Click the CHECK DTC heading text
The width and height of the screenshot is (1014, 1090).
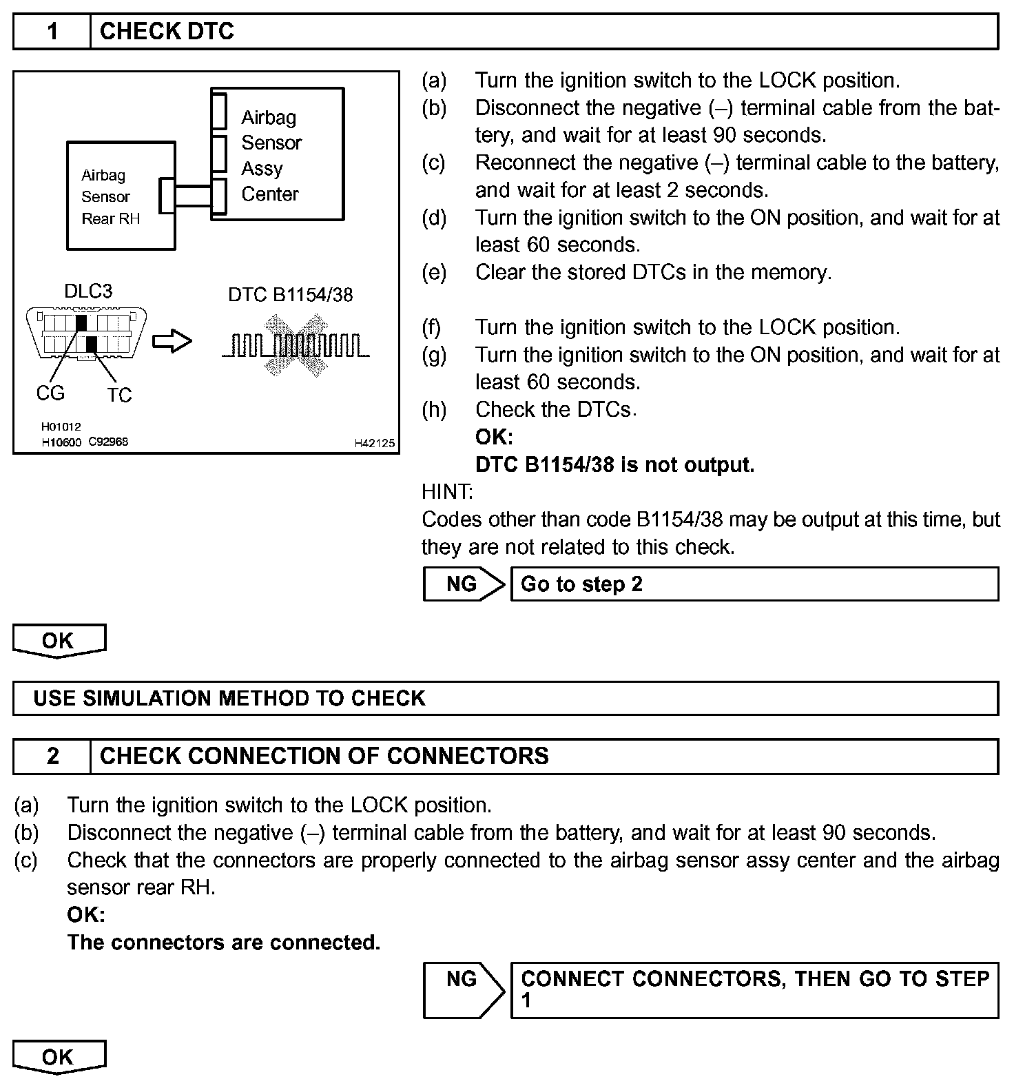[x=167, y=32]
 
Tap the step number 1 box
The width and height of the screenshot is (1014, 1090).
[x=52, y=32]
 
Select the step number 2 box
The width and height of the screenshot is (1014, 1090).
[x=52, y=757]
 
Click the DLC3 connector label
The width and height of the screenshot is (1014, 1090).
[x=88, y=291]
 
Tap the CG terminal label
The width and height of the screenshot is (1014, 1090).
[x=50, y=393]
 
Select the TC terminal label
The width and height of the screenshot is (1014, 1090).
[x=119, y=395]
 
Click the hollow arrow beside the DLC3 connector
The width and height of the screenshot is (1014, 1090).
[x=172, y=341]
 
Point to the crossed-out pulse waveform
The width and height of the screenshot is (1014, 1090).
[x=296, y=345]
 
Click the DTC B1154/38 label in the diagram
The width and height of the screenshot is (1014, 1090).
[x=290, y=295]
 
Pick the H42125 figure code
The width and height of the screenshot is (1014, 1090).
[x=374, y=443]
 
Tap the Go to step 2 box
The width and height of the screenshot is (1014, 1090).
[x=754, y=584]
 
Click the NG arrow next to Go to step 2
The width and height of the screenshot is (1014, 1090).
[x=464, y=584]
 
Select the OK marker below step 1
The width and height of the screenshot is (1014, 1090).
[x=59, y=641]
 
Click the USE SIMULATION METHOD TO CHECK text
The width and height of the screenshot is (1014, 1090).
[x=229, y=699]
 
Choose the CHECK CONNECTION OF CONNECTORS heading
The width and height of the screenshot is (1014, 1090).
[x=324, y=757]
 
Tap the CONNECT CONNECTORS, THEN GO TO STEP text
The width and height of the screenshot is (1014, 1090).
[x=754, y=979]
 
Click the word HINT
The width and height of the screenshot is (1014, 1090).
[x=446, y=492]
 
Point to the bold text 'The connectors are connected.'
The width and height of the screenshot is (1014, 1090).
[x=224, y=943]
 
